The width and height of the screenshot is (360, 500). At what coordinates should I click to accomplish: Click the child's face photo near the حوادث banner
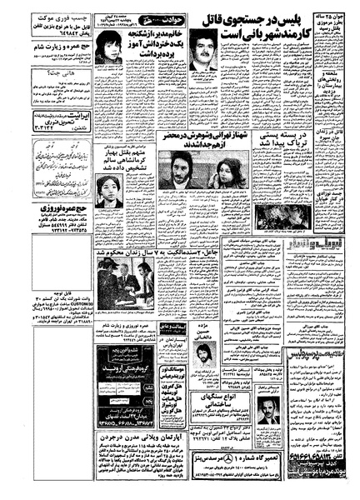point(107,49)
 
